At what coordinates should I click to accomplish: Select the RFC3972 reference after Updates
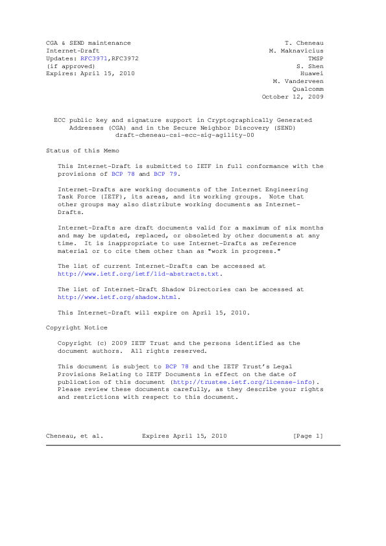[x=125, y=58]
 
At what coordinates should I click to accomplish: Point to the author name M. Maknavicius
[x=297, y=51]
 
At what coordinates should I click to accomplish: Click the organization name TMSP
[x=316, y=58]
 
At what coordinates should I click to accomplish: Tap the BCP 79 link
[x=165, y=174]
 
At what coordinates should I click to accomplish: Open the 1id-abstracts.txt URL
[x=138, y=274]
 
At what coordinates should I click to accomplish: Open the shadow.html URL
[x=117, y=298]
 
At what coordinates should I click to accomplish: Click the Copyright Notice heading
[x=77, y=328]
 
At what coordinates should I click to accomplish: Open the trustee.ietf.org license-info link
[x=245, y=383]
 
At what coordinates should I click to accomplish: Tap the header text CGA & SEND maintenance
[x=88, y=43]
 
